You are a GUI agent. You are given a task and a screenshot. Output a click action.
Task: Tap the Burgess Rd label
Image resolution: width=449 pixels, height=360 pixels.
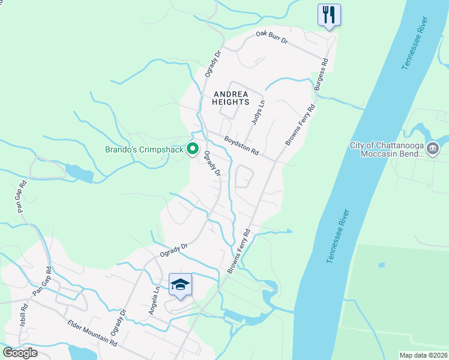[321, 75]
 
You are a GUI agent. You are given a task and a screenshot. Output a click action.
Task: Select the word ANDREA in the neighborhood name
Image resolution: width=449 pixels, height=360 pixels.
[230, 93]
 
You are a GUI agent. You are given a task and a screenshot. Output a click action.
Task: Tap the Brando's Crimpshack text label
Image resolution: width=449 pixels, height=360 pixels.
[144, 149]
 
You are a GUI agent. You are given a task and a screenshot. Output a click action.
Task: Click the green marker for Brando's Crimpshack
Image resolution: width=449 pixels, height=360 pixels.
[193, 148]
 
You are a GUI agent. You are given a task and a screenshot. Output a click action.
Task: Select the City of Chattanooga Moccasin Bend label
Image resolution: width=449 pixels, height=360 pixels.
[387, 149]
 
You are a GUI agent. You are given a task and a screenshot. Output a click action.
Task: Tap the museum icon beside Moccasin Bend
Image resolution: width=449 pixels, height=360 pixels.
[433, 148]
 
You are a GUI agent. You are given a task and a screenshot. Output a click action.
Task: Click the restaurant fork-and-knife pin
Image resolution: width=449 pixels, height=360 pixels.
[328, 14]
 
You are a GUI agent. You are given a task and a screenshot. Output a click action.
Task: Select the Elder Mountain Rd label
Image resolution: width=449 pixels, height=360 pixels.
[92, 332]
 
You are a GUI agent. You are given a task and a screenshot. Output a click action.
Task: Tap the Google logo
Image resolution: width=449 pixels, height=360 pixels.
[20, 352]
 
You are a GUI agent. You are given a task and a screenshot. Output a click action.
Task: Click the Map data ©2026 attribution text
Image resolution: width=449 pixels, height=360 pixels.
[423, 355]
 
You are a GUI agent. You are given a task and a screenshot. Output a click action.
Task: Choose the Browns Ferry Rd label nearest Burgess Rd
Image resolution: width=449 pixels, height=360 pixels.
[301, 125]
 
